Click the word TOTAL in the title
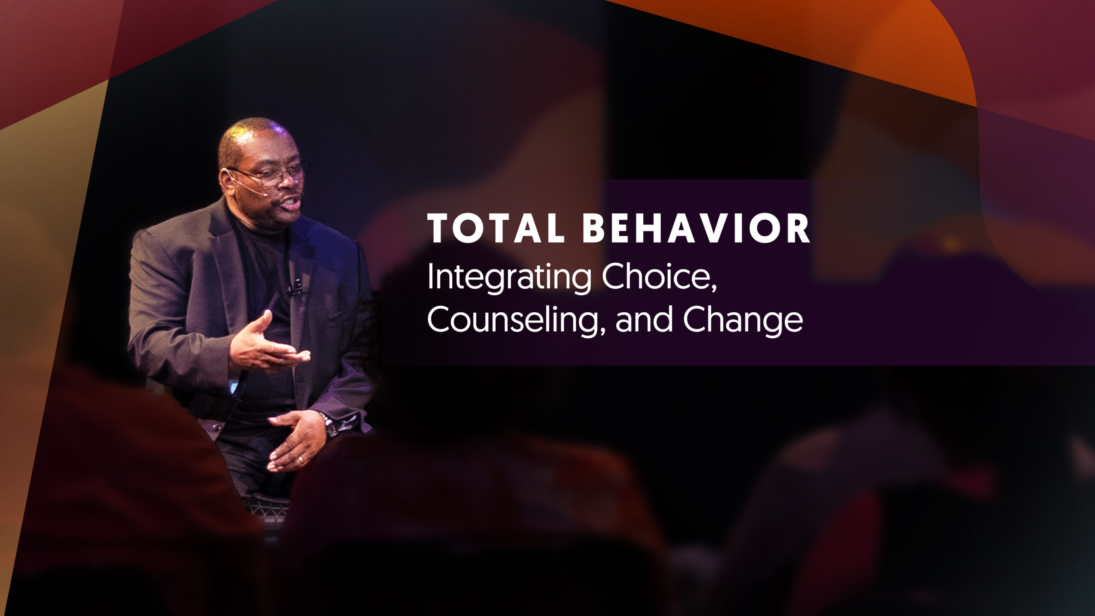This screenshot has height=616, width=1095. tap(496, 229)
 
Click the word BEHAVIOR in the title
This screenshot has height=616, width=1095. tap(696, 229)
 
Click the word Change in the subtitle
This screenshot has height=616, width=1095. tap(743, 321)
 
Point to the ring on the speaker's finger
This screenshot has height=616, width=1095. tap(301, 460)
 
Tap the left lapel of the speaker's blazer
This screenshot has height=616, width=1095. tap(231, 265)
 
